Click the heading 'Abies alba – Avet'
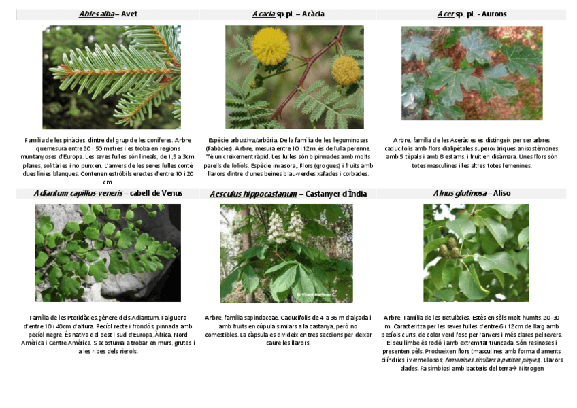(108, 14)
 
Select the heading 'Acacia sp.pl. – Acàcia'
(288, 14)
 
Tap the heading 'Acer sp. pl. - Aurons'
(472, 14)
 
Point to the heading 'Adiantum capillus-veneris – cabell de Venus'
(108, 194)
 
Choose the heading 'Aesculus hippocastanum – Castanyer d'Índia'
(288, 194)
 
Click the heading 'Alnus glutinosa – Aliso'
(472, 194)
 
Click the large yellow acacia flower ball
(270, 46)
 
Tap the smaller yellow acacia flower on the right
(346, 69)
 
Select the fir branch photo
(112, 77)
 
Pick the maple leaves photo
(472, 73)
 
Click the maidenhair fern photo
(108, 252)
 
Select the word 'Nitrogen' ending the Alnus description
(531, 369)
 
